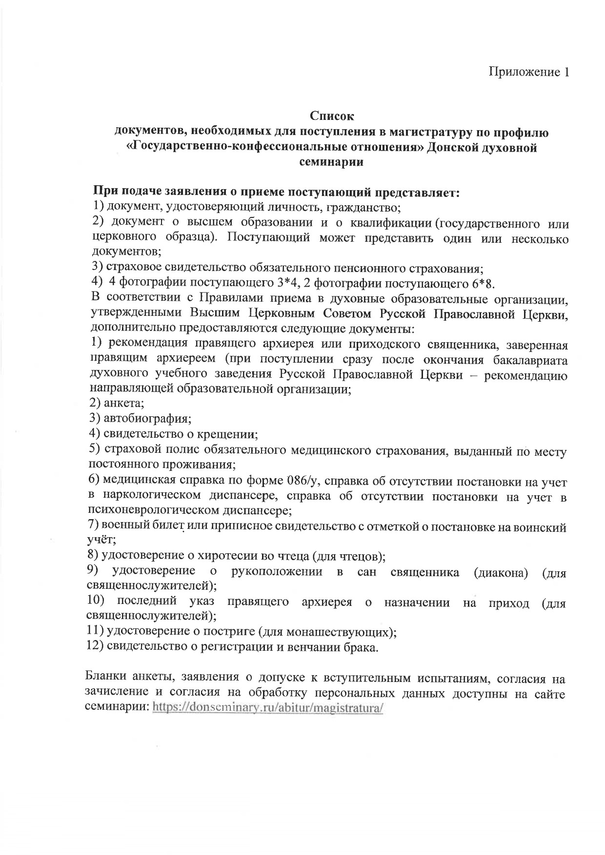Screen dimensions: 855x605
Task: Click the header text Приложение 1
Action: point(529,72)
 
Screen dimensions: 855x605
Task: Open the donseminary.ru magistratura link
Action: point(268,708)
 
